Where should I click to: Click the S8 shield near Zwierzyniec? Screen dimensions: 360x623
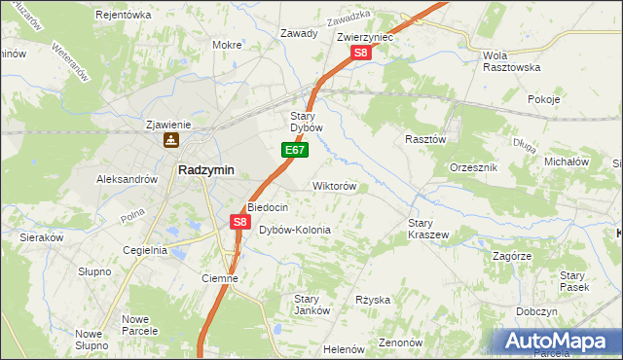[x=361, y=54]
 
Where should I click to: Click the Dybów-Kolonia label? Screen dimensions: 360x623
[x=295, y=231]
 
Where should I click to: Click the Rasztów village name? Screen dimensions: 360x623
[x=424, y=139]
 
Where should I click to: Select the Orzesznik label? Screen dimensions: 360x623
[x=474, y=167]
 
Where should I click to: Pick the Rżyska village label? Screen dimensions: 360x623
[x=372, y=300]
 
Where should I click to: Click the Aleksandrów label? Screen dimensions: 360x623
[x=127, y=179]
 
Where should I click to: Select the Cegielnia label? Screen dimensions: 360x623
[x=145, y=250]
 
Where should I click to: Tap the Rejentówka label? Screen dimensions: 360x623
[x=124, y=15]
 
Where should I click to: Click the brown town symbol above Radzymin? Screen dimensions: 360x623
[x=171, y=140]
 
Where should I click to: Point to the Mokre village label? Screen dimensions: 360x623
[x=227, y=45]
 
